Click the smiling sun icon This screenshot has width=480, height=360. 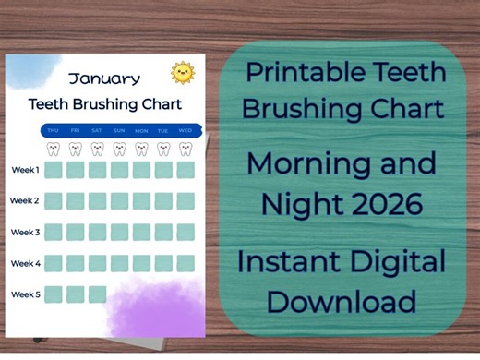[x=183, y=73]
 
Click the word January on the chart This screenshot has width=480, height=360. [x=104, y=78]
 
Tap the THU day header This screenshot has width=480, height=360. [x=53, y=131]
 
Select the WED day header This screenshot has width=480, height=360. [x=186, y=131]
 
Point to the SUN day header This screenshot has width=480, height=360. [x=119, y=131]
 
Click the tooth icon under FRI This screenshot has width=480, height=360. [x=75, y=148]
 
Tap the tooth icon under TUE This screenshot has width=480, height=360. [x=163, y=148]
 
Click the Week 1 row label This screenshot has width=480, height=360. [x=25, y=170]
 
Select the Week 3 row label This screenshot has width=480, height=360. [x=25, y=233]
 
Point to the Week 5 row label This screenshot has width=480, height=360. [x=25, y=294]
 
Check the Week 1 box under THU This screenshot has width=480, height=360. [x=53, y=170]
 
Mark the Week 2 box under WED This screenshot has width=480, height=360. [x=186, y=201]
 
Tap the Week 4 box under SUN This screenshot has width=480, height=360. [x=119, y=263]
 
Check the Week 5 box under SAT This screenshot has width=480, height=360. [x=97, y=294]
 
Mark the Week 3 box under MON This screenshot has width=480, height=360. [x=141, y=232]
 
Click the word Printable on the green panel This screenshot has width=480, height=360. [x=299, y=73]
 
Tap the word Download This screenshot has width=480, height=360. [x=347, y=301]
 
